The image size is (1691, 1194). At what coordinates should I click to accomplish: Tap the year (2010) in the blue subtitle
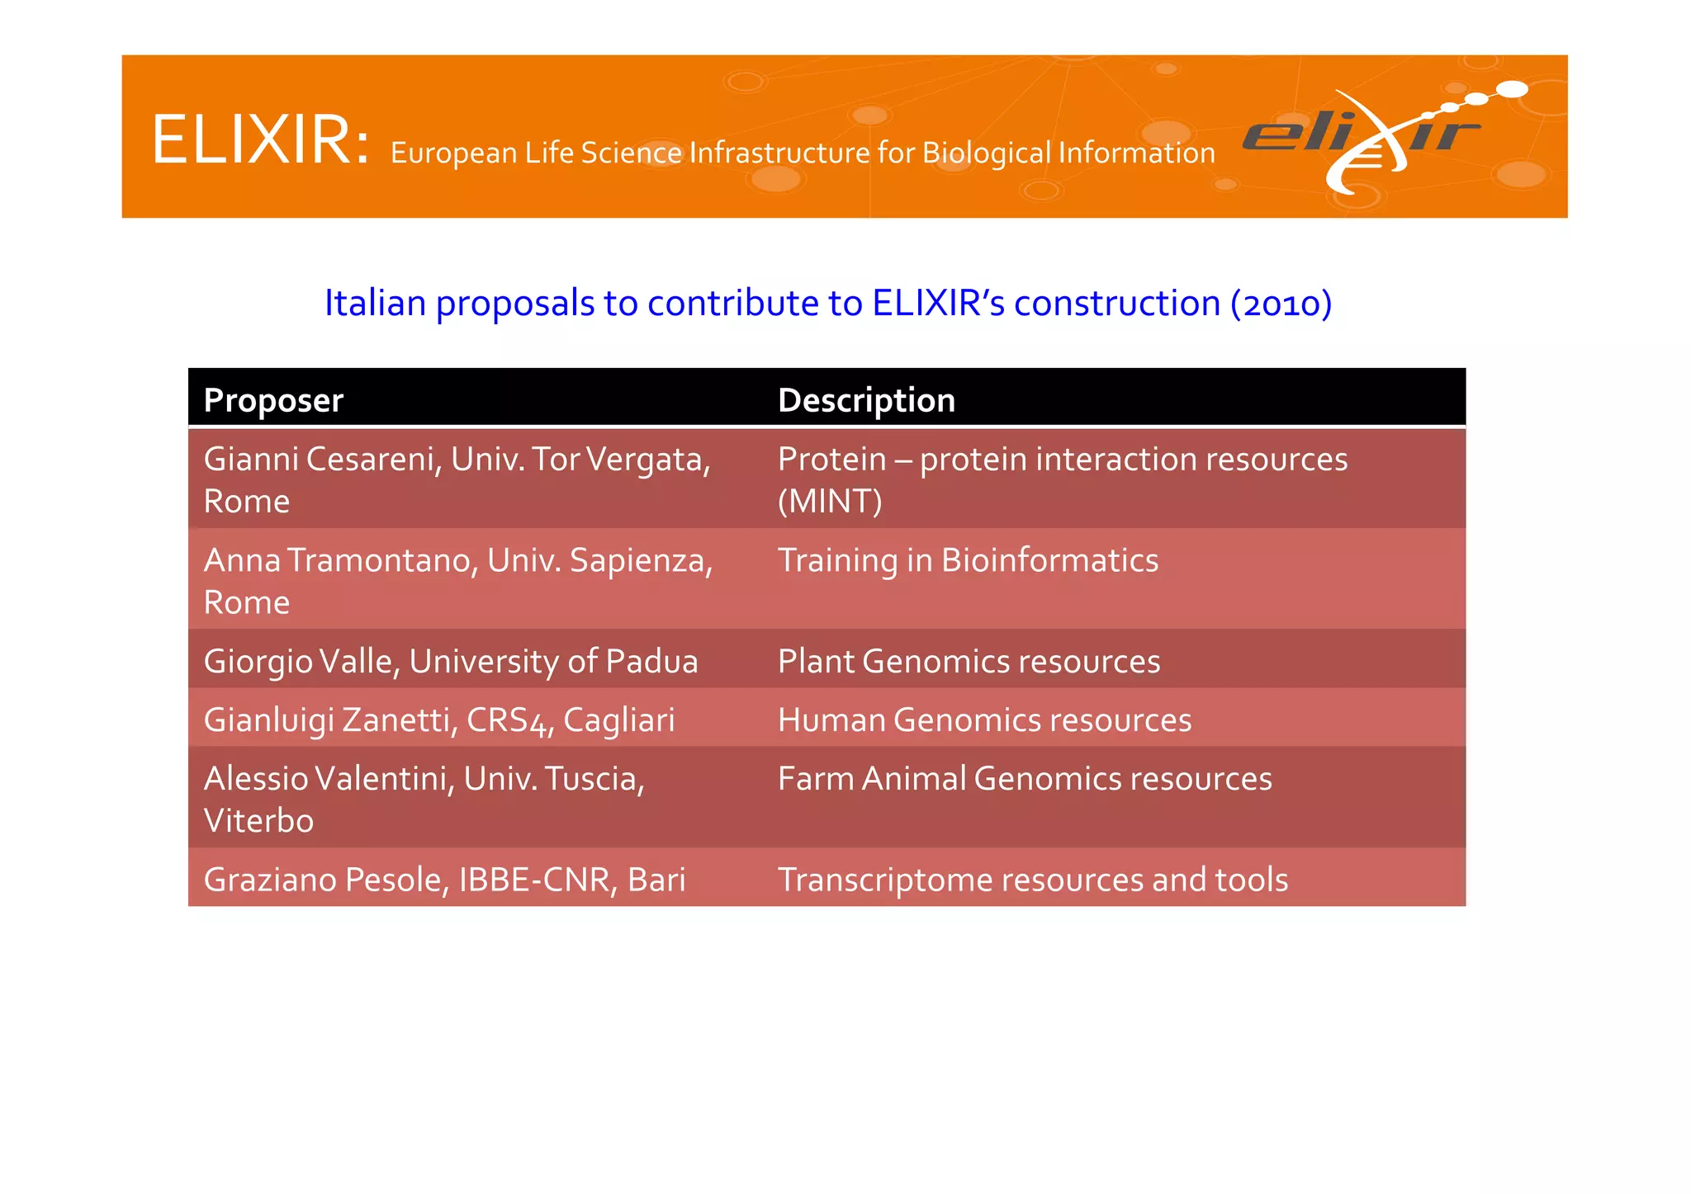pyautogui.click(x=1281, y=304)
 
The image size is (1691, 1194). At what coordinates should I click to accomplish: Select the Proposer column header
pyautogui.click(x=273, y=400)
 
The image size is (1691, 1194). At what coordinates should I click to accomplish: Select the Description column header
pyautogui.click(x=866, y=400)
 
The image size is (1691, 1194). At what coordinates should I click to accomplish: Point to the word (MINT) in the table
pyautogui.click(x=830, y=502)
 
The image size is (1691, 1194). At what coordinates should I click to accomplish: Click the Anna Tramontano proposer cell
pyautogui.click(x=458, y=580)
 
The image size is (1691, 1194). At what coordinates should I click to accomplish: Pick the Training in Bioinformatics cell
pyautogui.click(x=968, y=561)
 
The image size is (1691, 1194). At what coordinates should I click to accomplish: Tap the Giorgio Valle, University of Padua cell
pyautogui.click(x=451, y=661)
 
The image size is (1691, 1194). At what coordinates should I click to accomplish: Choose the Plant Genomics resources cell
pyautogui.click(x=969, y=661)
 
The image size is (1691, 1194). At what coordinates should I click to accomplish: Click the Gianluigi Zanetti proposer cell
pyautogui.click(x=439, y=720)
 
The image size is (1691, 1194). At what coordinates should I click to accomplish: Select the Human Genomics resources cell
pyautogui.click(x=984, y=720)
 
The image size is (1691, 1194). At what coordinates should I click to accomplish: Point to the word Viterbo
pyautogui.click(x=258, y=821)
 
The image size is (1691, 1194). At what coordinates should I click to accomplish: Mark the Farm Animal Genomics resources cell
pyautogui.click(x=1025, y=779)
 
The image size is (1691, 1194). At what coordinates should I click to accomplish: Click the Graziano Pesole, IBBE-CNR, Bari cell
pyautogui.click(x=444, y=880)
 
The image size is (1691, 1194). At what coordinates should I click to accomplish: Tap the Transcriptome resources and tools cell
pyautogui.click(x=1032, y=880)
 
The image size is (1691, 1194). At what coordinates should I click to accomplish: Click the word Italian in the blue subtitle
pyautogui.click(x=375, y=304)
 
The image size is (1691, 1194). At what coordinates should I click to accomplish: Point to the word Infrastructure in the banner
pyautogui.click(x=779, y=153)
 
